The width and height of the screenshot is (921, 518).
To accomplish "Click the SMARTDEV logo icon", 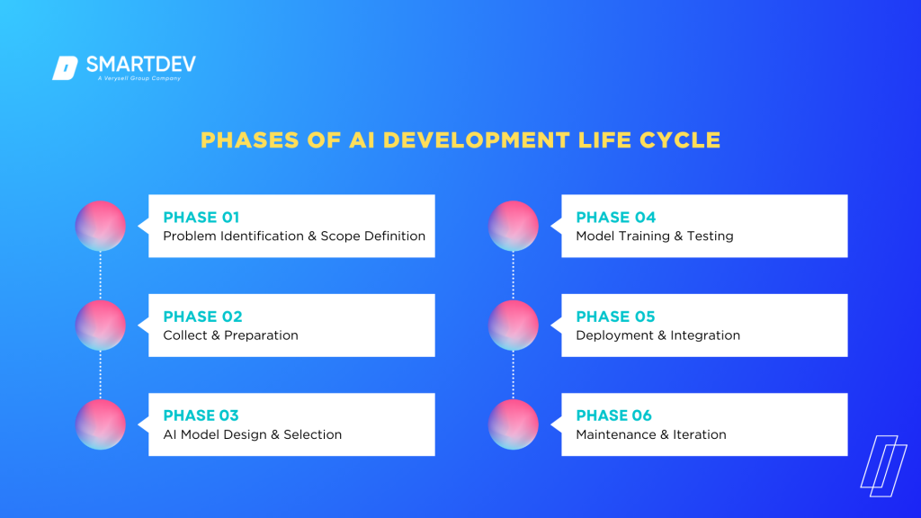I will (x=65, y=68).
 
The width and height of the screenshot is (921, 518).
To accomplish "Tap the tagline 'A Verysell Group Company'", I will (x=139, y=79).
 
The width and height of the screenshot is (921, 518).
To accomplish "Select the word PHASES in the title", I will (x=241, y=140).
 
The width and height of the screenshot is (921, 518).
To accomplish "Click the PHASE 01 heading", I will (x=201, y=217).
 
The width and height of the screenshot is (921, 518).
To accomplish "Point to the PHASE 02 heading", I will (x=201, y=317).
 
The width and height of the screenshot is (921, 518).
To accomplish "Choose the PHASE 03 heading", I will (x=201, y=415).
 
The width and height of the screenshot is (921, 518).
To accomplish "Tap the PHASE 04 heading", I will (x=615, y=217).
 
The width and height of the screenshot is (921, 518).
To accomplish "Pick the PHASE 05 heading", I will (x=615, y=317).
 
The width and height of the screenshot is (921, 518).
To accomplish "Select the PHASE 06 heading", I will (x=615, y=415).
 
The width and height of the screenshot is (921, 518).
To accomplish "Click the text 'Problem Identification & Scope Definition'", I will (x=294, y=237).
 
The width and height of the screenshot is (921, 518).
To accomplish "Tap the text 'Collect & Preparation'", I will (x=230, y=335).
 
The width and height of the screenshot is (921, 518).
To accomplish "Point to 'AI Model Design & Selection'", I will (x=252, y=434).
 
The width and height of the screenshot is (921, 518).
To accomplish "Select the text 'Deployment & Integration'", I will (x=657, y=335).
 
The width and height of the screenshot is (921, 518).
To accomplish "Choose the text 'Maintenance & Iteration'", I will (x=650, y=434).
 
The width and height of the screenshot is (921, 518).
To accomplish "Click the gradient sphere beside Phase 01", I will (x=100, y=226).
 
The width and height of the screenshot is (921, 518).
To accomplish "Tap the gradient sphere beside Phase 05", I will (x=514, y=325).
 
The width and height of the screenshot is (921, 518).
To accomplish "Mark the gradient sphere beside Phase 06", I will (x=514, y=424).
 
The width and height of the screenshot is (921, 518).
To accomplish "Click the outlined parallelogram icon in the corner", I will (x=883, y=461).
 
